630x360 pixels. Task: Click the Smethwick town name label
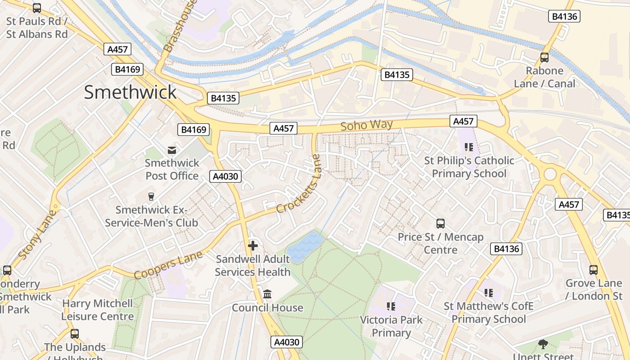pos(130,92)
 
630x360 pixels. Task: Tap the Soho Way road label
pos(366,125)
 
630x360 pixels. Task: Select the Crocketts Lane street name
pos(300,184)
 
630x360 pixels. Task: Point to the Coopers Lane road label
pos(168,265)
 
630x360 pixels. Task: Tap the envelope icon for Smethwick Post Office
pos(172,150)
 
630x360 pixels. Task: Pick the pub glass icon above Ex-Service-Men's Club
pos(151,197)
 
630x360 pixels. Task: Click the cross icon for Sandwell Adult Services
pos(253,246)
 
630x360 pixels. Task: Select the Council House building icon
pos(267,294)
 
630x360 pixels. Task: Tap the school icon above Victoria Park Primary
pos(391,306)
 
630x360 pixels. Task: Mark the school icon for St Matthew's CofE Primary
pos(489,293)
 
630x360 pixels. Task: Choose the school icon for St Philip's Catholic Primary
pos(469,147)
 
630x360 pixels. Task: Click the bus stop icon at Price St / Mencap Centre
pos(441,224)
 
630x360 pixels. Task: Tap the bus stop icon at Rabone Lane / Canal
pos(544,58)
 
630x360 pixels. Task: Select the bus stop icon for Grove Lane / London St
pos(594,270)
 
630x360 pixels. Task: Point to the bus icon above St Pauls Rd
pos(37,8)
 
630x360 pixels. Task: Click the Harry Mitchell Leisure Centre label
pos(98,310)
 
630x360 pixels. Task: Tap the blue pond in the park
pos(305,247)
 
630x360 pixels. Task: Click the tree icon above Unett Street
pos(543,344)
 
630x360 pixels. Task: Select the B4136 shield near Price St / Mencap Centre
pos(507,249)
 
